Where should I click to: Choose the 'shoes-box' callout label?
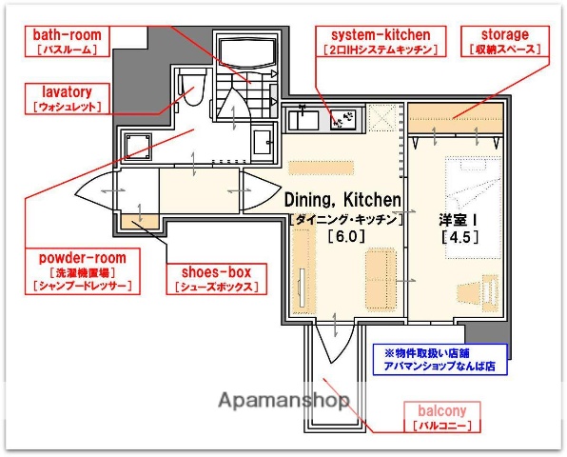point(215,272)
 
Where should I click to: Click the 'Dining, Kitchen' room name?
point(342,200)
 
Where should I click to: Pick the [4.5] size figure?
point(458,237)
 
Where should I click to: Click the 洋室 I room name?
point(458,219)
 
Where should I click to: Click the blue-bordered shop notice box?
point(439,358)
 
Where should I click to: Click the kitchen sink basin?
point(304,122)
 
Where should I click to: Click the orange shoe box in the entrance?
point(139,224)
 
